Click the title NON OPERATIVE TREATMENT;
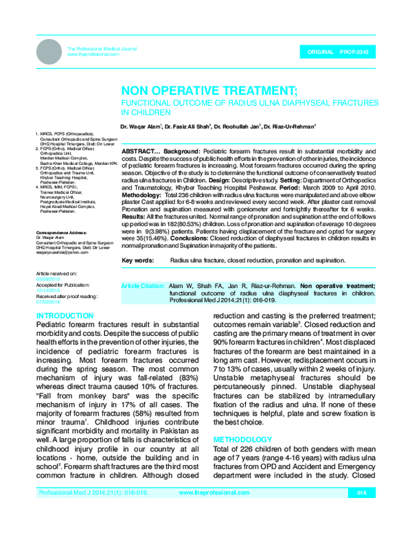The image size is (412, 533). tap(209, 91)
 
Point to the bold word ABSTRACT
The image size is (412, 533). tap(140, 150)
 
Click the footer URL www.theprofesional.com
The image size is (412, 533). tap(210, 511)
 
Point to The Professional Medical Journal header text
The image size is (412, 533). tap(92, 47)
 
